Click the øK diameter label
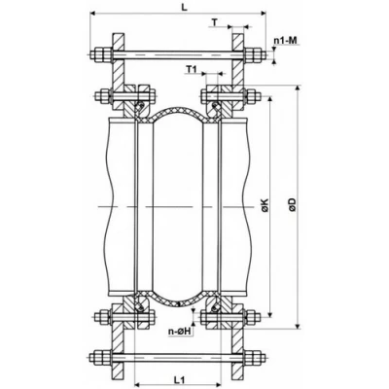[264, 207]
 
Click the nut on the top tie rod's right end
[256, 54]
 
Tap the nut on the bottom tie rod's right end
[256, 355]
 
